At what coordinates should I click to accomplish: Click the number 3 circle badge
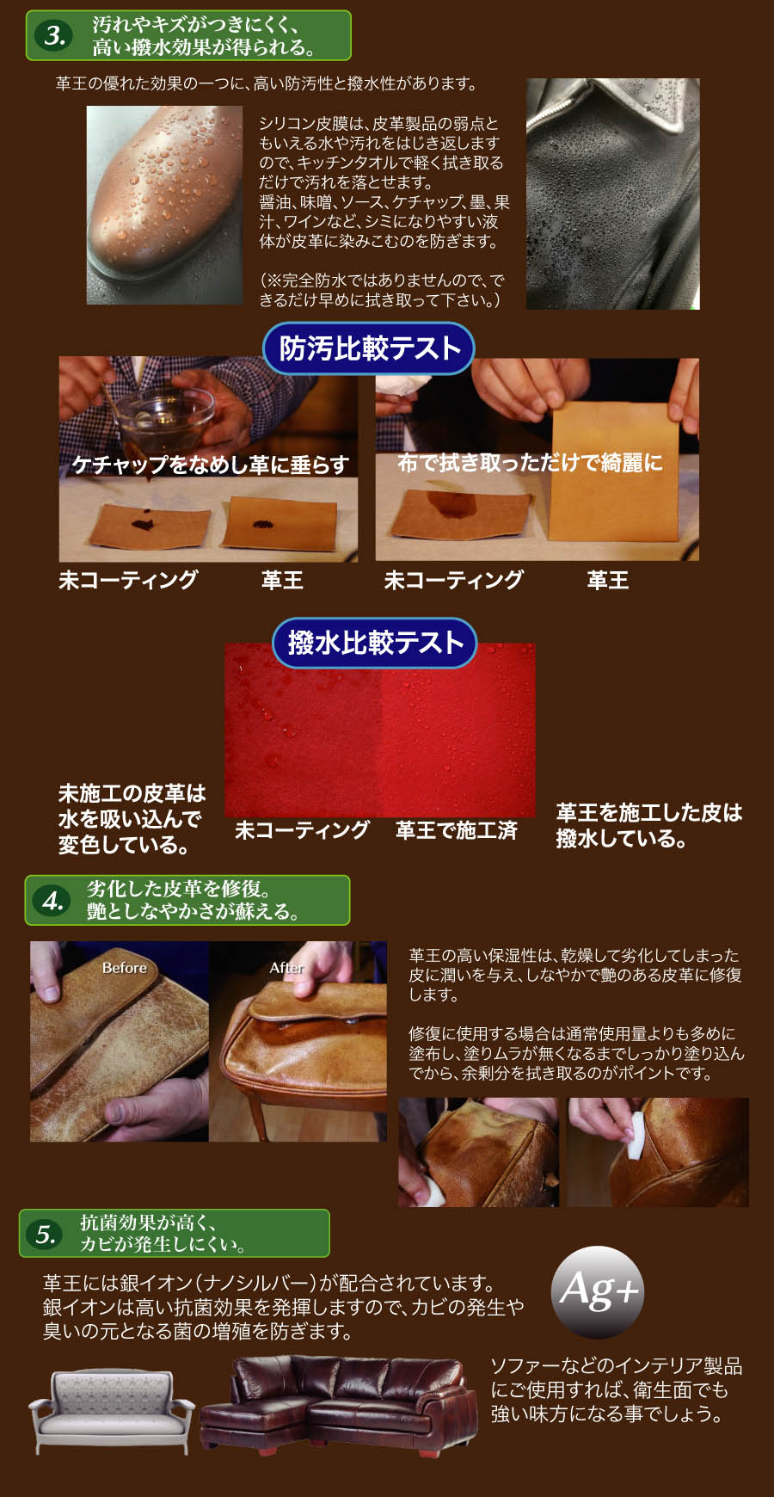point(54,35)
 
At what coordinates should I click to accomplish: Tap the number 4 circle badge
point(52,901)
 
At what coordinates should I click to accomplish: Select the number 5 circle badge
point(46,1235)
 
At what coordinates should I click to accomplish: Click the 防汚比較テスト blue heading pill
point(369,348)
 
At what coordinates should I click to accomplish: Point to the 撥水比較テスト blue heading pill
point(375,643)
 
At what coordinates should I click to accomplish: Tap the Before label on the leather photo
point(125,968)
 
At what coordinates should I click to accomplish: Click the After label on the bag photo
point(286,968)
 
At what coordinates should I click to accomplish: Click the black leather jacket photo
point(613,194)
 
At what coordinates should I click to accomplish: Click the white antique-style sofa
point(112,1411)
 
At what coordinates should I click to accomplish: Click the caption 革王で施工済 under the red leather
point(456,830)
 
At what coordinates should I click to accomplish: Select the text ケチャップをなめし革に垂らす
point(210,465)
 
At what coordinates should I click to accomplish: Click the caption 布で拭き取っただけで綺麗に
point(530,463)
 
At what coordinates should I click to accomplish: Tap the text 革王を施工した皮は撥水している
point(648,826)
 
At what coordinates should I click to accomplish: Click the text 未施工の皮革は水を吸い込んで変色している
point(132,819)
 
